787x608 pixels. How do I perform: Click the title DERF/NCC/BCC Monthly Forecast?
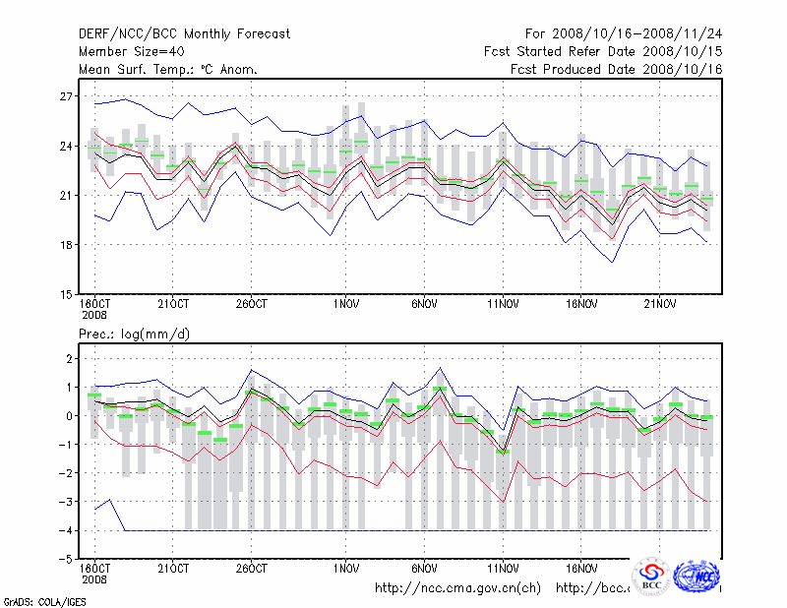pyautogui.click(x=184, y=34)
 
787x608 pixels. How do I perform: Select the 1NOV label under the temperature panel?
pyautogui.click(x=346, y=304)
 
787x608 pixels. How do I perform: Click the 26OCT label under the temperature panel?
pyautogui.click(x=252, y=304)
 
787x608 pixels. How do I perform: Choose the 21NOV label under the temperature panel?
pyautogui.click(x=660, y=304)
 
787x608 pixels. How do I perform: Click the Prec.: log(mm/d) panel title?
pyautogui.click(x=134, y=334)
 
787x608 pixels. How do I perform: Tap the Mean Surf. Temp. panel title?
pyautogui.click(x=168, y=69)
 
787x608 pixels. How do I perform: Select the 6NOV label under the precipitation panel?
pyautogui.click(x=424, y=569)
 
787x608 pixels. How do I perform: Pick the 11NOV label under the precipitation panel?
pyautogui.click(x=503, y=569)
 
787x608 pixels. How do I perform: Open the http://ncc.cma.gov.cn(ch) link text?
pyautogui.click(x=457, y=588)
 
